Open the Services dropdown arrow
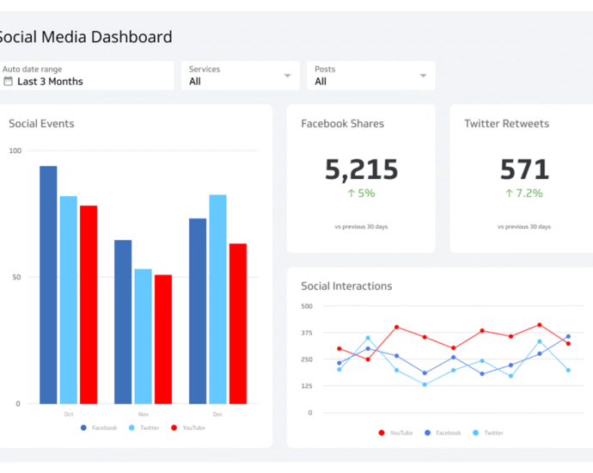pyautogui.click(x=287, y=76)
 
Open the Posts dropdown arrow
pyautogui.click(x=423, y=76)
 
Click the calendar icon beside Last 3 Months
pyautogui.click(x=9, y=82)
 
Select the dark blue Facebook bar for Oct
pyautogui.click(x=48, y=285)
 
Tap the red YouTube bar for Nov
pyautogui.click(x=163, y=339)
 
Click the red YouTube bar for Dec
pyautogui.click(x=238, y=323)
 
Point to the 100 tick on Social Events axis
pyautogui.click(x=15, y=150)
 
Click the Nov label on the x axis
pyautogui.click(x=143, y=414)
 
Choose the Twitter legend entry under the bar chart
pyautogui.click(x=144, y=427)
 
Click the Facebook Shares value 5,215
pyautogui.click(x=361, y=169)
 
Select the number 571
pyautogui.click(x=524, y=169)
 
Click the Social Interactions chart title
pyautogui.click(x=346, y=286)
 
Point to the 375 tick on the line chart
pyautogui.click(x=307, y=333)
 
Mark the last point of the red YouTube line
pyautogui.click(x=568, y=343)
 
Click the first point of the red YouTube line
pyautogui.click(x=339, y=349)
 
